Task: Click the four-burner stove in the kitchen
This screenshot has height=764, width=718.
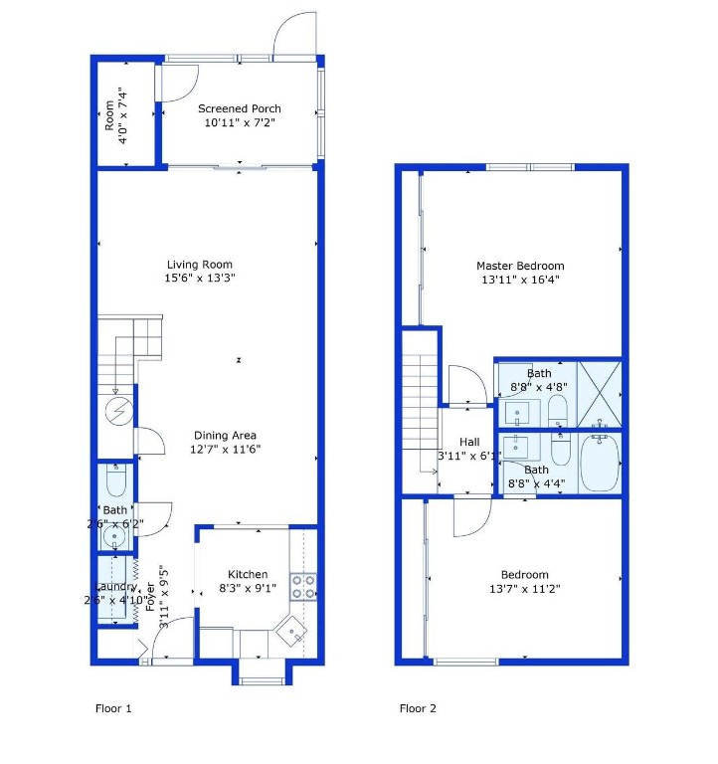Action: tap(303, 587)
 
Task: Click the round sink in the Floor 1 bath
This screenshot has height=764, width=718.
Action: tap(116, 538)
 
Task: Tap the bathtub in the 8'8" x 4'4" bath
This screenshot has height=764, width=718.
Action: tap(600, 464)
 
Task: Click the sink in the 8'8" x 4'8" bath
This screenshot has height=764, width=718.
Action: tap(517, 411)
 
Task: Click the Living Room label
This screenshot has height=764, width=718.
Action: tap(200, 265)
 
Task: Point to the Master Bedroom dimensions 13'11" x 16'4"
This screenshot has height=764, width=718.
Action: tap(520, 280)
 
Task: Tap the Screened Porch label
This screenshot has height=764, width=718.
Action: tap(239, 109)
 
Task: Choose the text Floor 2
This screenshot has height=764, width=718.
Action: tap(418, 709)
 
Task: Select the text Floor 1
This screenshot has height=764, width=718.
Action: tap(112, 709)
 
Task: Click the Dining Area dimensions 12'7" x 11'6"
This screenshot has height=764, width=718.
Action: tap(225, 449)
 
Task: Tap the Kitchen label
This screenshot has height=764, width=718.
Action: tap(248, 574)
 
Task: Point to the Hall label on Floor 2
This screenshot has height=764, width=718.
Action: tap(469, 442)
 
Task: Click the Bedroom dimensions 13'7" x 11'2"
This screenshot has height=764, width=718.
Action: tap(524, 588)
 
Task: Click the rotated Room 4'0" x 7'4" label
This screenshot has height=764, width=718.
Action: tap(116, 115)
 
